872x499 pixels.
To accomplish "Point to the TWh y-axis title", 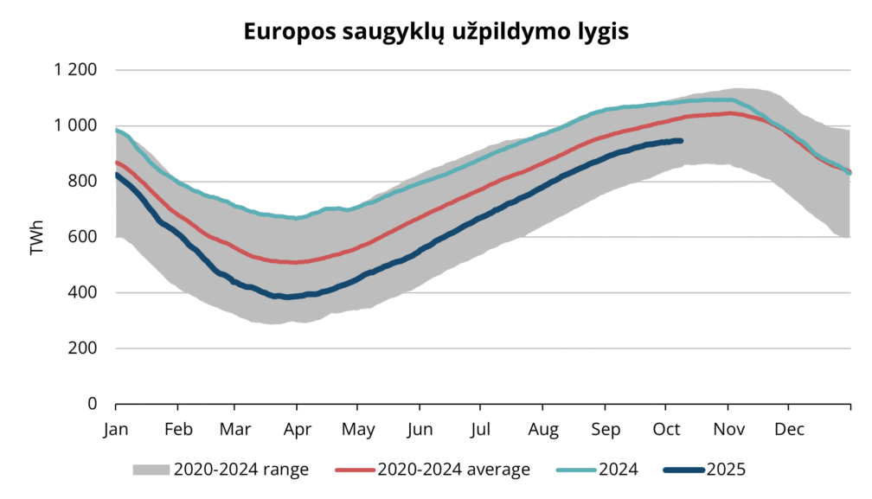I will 36,238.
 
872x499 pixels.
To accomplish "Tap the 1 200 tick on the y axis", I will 79,70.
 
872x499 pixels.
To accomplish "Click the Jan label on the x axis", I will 116,429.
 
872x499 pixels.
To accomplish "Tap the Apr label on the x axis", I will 298,429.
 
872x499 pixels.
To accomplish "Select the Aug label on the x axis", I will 543,429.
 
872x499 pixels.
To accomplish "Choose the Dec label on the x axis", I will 789,429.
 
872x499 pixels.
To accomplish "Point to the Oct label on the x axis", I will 665,429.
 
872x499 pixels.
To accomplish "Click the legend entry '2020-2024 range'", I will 240,470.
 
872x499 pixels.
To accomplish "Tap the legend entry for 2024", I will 618,470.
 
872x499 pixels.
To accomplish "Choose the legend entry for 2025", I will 726,470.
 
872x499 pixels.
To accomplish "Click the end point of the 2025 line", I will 681,140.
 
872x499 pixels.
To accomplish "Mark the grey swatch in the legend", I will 151,470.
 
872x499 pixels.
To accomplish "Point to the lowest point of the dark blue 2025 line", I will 284,297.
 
